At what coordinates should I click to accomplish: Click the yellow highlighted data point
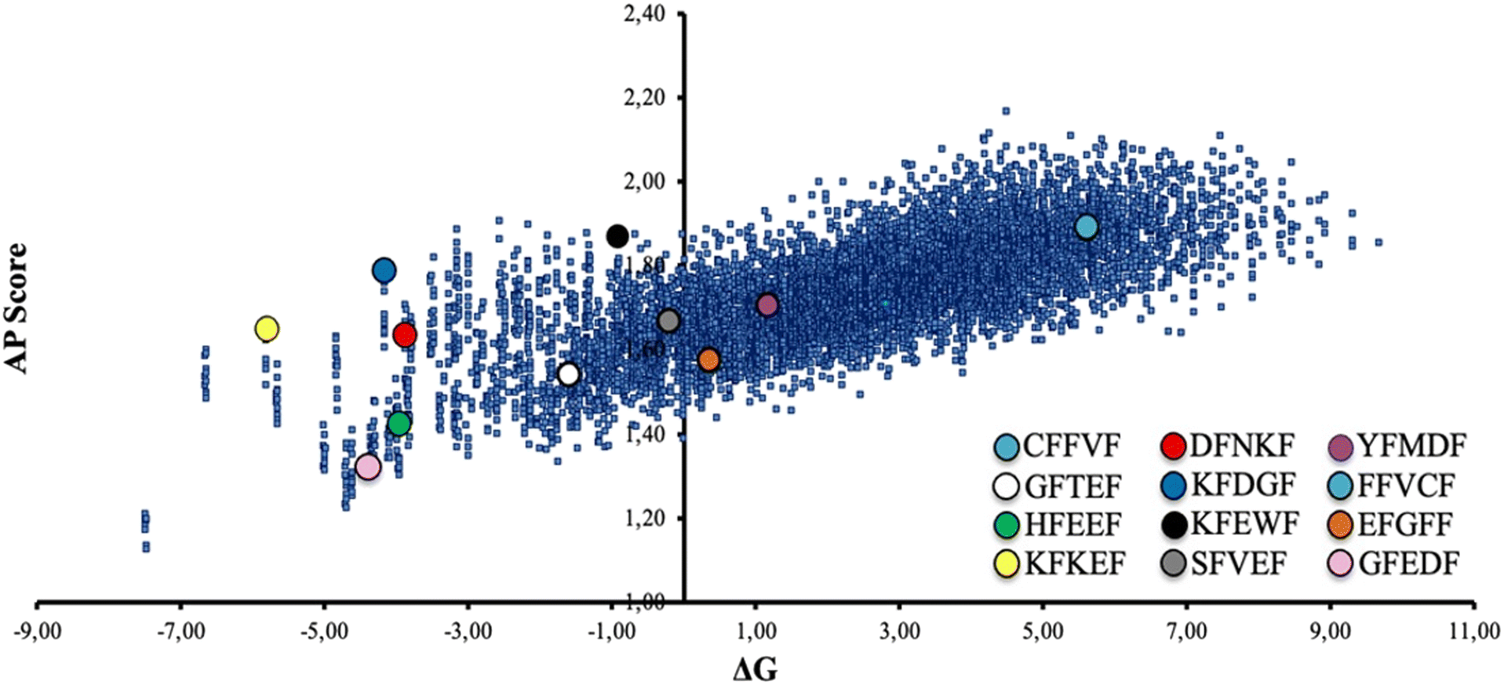267,329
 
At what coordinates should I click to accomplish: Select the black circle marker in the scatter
617,235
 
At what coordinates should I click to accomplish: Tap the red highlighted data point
405,335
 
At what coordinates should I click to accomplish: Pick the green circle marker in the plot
399,424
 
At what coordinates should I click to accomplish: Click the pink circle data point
368,467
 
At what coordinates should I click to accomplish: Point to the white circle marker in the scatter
569,374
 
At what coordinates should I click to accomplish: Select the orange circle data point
708,360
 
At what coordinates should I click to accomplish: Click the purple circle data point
767,305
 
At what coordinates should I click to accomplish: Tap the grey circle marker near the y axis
668,320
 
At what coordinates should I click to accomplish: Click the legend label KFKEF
1075,563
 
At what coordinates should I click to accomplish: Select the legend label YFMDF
1411,446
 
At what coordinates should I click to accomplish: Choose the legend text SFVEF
1239,563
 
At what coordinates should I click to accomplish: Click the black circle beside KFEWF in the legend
1174,524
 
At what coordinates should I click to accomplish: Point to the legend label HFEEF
1072,524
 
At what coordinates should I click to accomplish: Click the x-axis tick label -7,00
180,632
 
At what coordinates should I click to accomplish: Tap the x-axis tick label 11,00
1474,632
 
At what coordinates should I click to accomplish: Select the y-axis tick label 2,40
644,14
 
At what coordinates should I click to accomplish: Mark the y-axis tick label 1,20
644,518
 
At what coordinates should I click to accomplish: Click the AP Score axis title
16,308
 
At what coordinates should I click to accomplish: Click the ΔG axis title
755,669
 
